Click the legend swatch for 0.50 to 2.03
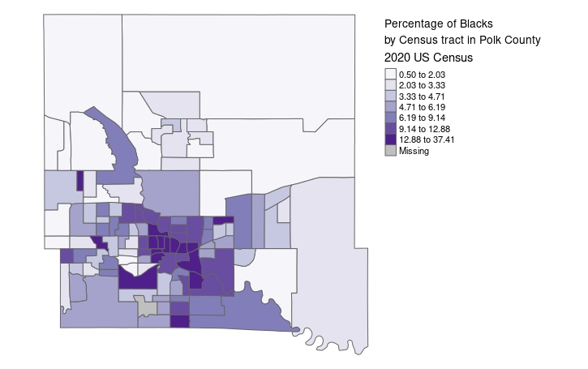coord(391,74)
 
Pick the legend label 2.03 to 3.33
coord(422,85)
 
